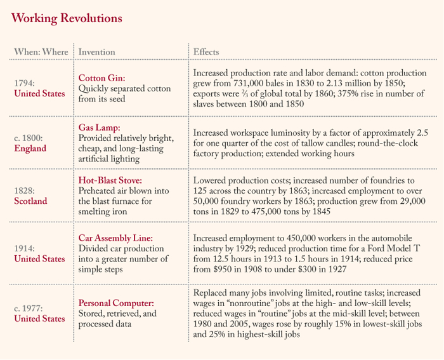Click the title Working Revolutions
click(x=67, y=18)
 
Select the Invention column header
click(x=96, y=51)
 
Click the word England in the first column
click(x=30, y=149)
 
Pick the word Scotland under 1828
click(x=31, y=201)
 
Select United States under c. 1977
click(x=39, y=319)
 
